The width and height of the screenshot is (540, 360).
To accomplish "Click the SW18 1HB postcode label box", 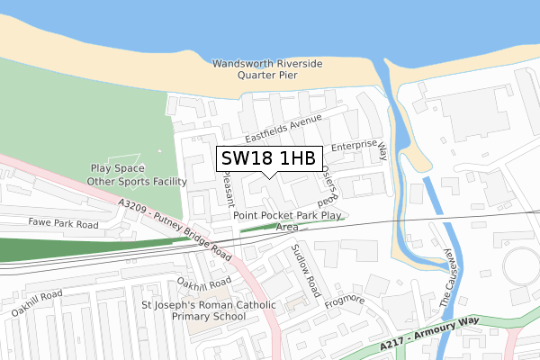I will (268, 158).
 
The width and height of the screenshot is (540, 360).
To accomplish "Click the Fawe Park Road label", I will (63, 222).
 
